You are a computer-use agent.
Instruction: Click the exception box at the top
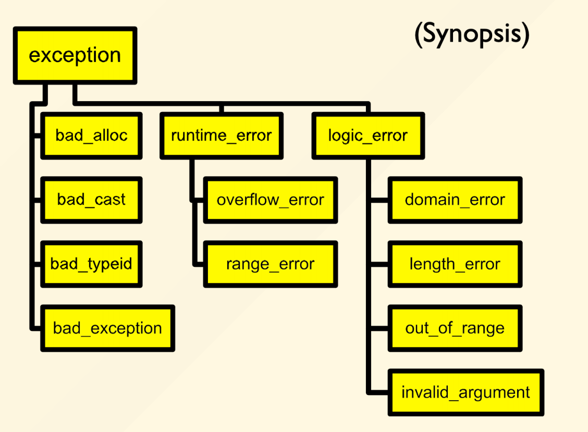click(x=75, y=56)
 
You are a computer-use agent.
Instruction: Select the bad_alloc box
click(x=91, y=136)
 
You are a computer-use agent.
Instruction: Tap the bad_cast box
click(x=91, y=200)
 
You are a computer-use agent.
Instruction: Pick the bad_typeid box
click(x=91, y=264)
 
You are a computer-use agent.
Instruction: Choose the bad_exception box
click(x=107, y=328)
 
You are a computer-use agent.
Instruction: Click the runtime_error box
click(x=221, y=136)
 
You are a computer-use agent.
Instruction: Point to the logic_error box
click(x=368, y=136)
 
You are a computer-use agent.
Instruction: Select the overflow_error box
click(x=271, y=200)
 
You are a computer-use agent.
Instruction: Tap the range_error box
click(x=271, y=264)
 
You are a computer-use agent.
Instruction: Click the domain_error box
click(x=455, y=200)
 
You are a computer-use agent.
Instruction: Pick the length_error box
click(x=455, y=264)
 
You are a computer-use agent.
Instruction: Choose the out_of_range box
click(x=455, y=328)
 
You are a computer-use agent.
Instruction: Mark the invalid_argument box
click(x=465, y=392)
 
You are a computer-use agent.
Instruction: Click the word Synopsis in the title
click(x=472, y=34)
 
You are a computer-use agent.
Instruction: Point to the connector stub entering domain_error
click(x=379, y=200)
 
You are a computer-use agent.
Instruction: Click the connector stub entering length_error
click(x=379, y=264)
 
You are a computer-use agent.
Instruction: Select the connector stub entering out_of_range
click(x=379, y=328)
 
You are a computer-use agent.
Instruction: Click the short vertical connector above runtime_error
click(x=222, y=109)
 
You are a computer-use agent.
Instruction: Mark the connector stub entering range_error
click(x=199, y=264)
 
